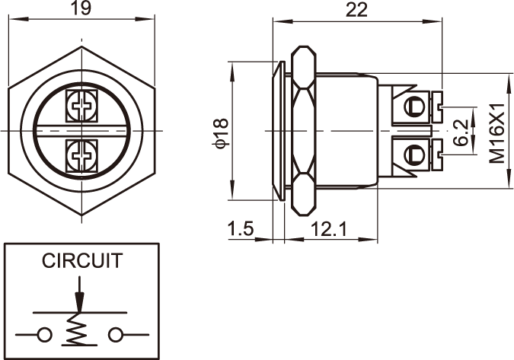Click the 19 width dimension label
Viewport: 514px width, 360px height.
[x=81, y=10]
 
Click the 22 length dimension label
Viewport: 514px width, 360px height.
[x=356, y=10]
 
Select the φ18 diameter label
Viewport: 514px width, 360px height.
[x=221, y=132]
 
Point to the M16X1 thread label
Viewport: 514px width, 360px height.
[x=497, y=133]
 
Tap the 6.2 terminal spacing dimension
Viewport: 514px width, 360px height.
[x=461, y=132]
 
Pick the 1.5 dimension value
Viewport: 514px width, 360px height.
[x=240, y=228]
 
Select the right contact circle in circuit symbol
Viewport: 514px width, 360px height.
[x=116, y=333]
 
